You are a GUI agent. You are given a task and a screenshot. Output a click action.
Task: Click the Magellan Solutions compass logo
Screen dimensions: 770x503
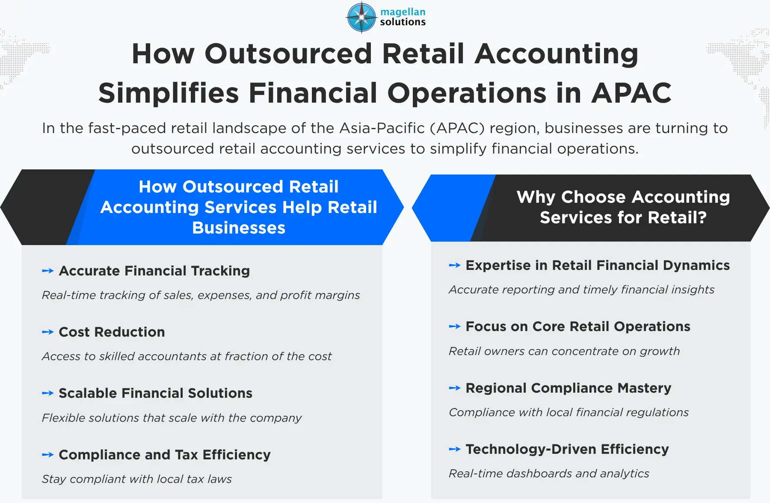point(361,17)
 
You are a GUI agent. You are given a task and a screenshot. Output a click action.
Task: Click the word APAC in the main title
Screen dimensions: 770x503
point(631,93)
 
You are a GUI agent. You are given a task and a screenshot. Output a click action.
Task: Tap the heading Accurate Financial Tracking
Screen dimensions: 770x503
point(154,271)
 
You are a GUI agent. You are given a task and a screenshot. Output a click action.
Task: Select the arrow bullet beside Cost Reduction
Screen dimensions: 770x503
point(48,332)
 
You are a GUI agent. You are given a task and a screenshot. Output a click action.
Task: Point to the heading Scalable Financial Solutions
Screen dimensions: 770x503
point(156,393)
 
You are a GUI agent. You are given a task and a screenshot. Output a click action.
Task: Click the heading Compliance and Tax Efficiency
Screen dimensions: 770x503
point(165,455)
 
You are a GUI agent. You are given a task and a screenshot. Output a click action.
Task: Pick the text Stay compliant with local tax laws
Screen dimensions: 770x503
point(137,479)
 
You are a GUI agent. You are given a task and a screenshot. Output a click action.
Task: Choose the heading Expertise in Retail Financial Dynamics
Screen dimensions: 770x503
point(598,265)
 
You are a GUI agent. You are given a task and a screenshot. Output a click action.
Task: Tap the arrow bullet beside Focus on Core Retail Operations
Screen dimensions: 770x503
point(455,326)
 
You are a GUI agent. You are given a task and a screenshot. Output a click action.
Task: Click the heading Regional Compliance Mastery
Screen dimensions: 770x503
point(569,388)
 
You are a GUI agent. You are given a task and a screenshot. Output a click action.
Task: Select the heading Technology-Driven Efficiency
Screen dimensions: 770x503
point(567,449)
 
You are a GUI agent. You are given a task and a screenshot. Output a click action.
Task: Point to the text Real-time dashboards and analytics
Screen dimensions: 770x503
point(549,473)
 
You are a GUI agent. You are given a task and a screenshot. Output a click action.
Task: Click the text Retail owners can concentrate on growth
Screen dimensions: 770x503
point(564,351)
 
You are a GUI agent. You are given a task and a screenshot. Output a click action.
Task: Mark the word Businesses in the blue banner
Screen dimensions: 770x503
point(239,228)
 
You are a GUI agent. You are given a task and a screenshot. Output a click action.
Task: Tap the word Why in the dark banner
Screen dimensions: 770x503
point(536,197)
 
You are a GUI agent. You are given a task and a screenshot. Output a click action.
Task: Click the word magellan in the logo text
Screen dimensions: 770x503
point(403,12)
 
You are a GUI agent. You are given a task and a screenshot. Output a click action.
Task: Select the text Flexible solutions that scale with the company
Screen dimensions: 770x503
point(172,418)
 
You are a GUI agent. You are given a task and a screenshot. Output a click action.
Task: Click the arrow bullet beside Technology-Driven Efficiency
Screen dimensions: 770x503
point(455,449)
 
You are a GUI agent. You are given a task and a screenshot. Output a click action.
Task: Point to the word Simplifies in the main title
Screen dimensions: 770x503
point(169,93)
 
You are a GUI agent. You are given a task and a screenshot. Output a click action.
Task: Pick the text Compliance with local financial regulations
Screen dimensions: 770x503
point(569,412)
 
